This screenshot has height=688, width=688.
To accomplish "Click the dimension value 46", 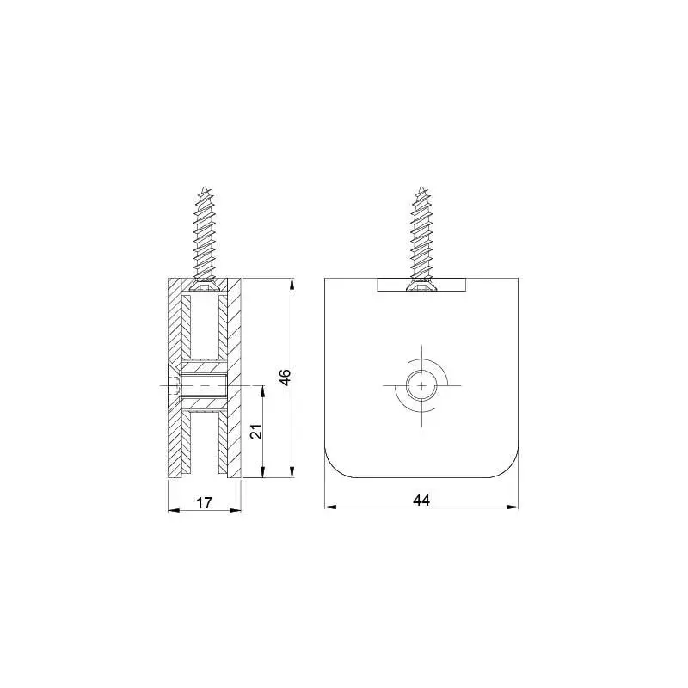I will click(286, 378).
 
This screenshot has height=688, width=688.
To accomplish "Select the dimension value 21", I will click(255, 432).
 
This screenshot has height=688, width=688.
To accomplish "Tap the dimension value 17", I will click(204, 503).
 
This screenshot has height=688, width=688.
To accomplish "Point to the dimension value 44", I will click(421, 500).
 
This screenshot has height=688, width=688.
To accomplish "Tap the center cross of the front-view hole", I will click(421, 387).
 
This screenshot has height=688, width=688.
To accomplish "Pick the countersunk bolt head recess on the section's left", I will click(175, 386).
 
